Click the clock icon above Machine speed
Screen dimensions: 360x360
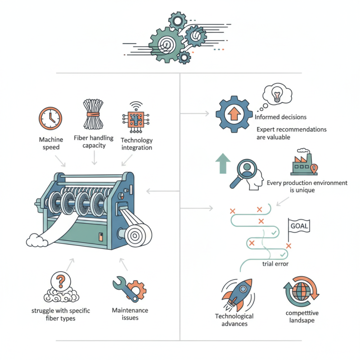(x=49, y=117)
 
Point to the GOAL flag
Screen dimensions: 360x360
(x=299, y=226)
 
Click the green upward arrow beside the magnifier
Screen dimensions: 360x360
(x=222, y=163)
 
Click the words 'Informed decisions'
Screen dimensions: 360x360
(x=280, y=117)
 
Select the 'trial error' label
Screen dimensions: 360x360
(x=275, y=264)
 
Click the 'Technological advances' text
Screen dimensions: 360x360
(x=234, y=320)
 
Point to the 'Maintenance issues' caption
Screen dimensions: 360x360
(x=130, y=314)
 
